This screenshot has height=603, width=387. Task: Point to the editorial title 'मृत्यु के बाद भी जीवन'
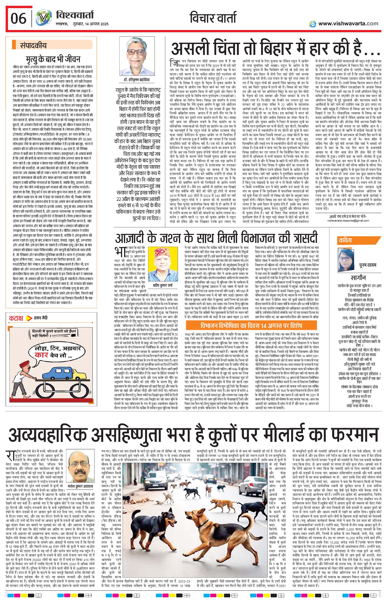click(53, 59)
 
